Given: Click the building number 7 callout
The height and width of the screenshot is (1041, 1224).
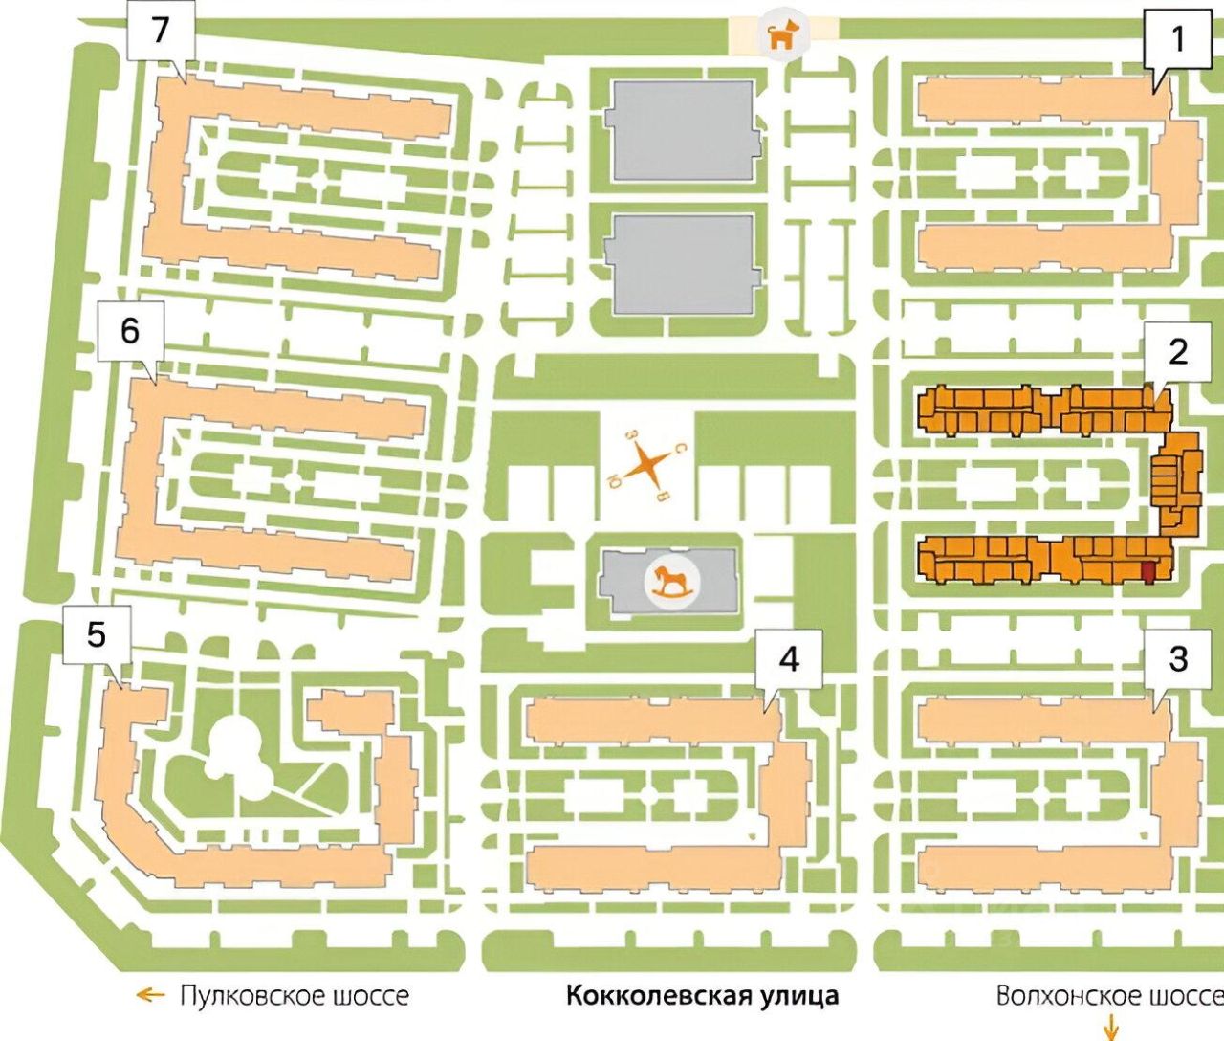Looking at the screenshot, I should (x=161, y=31).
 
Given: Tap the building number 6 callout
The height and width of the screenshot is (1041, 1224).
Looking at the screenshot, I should (x=130, y=332).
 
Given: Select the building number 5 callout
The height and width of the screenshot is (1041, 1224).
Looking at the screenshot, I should (x=97, y=634).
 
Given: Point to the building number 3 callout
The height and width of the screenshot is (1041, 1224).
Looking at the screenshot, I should (x=1177, y=658).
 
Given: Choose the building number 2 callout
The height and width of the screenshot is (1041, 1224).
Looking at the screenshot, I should (x=1177, y=352).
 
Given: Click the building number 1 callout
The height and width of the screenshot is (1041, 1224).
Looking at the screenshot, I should (x=1177, y=39).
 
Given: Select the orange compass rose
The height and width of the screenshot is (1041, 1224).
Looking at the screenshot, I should (x=649, y=465).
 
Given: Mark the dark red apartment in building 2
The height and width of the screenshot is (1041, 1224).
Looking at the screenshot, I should (x=1148, y=571).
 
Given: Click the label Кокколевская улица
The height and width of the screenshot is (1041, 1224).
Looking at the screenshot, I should (x=702, y=996).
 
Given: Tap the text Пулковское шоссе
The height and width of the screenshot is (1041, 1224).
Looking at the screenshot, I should (x=295, y=996).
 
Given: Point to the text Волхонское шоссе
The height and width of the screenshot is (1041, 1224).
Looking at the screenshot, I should (x=1108, y=996).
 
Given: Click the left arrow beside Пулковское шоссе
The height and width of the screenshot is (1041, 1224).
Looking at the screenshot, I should (x=150, y=996).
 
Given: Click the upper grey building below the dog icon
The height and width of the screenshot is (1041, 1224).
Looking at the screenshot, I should (x=682, y=131).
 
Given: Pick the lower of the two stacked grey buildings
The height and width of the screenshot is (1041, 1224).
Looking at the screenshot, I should (x=682, y=264).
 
